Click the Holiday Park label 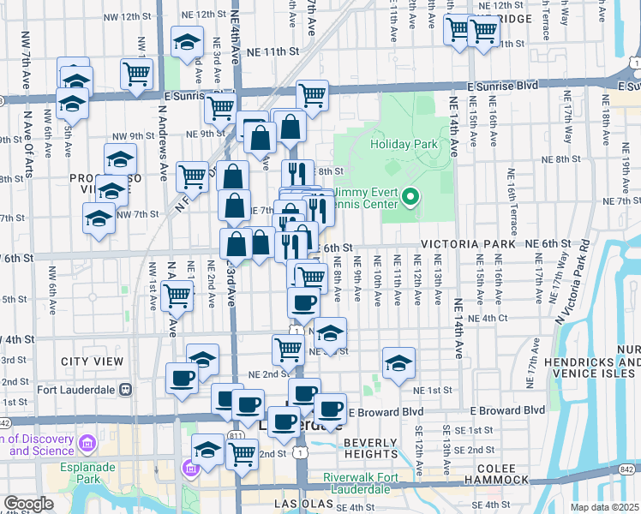point(398,145)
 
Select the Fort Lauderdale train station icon point(125,388)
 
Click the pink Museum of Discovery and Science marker point(86,444)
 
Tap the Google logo point(28,504)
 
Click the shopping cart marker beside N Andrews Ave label point(177,296)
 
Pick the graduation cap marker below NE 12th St point(186,42)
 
